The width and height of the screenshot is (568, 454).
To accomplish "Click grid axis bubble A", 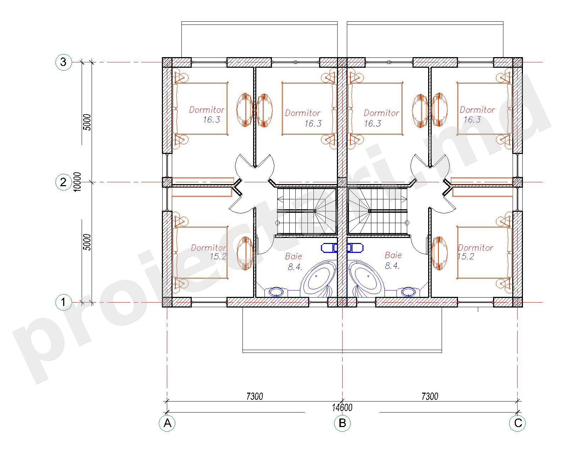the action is coord(167,423).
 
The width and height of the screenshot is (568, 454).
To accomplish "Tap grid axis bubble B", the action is coord(342,423).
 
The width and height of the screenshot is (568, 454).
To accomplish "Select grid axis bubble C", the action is coord(517,423).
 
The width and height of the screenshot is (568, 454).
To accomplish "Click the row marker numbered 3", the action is coord(63,62).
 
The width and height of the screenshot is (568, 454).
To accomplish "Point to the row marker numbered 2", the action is coord(63,182).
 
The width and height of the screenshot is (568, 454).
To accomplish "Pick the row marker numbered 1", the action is coord(63,302).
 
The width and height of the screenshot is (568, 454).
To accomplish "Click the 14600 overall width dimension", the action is coord(342,408).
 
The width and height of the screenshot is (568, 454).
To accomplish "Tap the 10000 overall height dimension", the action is coord(77,182).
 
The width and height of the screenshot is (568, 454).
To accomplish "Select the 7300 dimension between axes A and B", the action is coord(255,397).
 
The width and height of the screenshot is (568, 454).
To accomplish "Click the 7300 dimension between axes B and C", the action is coord(430,397).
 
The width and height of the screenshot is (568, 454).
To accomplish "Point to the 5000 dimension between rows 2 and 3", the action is coord(87,122).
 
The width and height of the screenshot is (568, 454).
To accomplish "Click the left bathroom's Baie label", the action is coord(293,256).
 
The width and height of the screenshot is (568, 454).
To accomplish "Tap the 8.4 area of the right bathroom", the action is coord(392,266).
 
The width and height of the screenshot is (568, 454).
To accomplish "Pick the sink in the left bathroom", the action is coord(276,292).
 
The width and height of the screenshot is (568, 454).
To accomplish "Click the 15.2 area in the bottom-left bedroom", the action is coord(218,256).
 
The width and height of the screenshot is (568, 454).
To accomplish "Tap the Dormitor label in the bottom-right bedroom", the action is coord(475,248).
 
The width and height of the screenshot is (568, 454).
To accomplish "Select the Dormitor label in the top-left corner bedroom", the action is coord(207,110).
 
